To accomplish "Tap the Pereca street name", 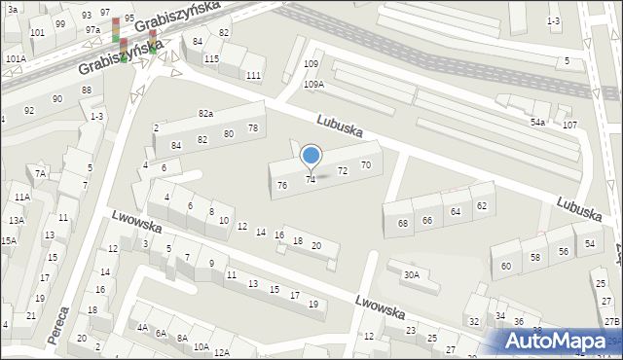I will point(61,325).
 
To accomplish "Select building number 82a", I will point(205,114).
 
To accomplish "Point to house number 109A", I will point(313,85).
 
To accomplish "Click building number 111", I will point(253,76).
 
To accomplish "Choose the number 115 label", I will point(211,59).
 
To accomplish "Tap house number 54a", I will point(537,123).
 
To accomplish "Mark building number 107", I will point(569,126).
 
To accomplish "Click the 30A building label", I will point(412,275).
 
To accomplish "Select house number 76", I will point(282,185).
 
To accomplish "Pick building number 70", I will point(365,165).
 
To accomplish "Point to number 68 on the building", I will point(403,224).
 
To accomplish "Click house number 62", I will point(481,206).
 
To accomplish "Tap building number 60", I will point(506,266).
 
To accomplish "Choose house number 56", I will point(563,252).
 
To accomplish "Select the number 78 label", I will point(253,128).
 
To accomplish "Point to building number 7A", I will point(41,174).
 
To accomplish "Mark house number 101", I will point(37,32).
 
